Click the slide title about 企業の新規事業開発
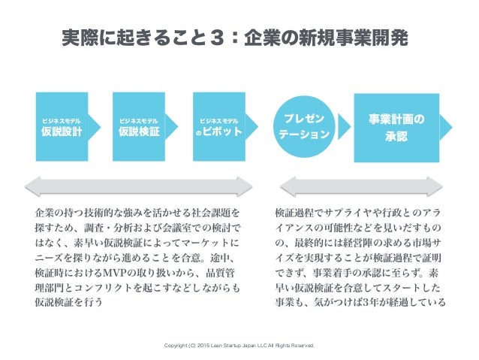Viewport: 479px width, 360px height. (x=239, y=38)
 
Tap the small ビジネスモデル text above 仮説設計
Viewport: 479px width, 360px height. (x=62, y=119)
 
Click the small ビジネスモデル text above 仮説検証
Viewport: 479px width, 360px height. (x=140, y=119)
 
